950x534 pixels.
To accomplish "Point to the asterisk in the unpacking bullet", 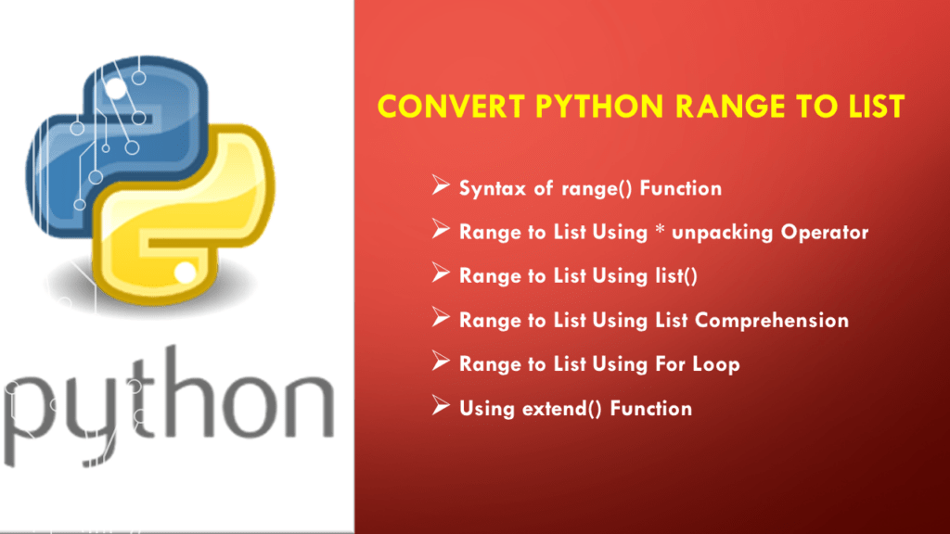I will pyautogui.click(x=658, y=231).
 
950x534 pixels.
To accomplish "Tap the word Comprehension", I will pyautogui.click(x=772, y=321).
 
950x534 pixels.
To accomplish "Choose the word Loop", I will pyautogui.click(x=715, y=364).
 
